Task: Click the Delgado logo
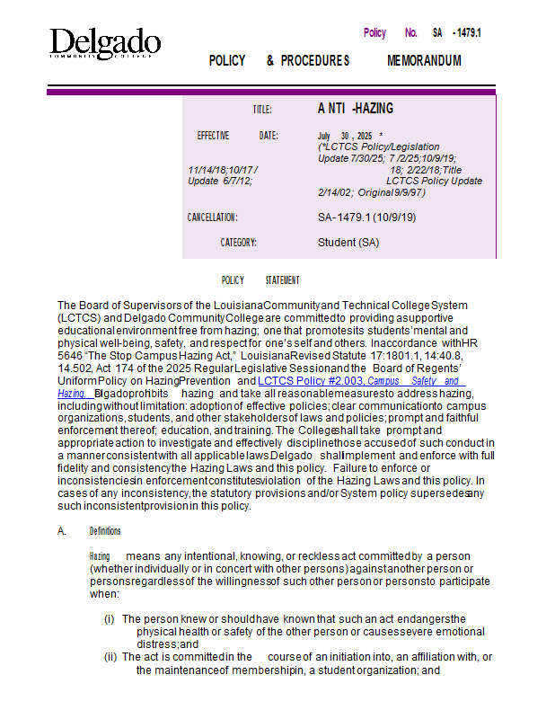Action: click(x=105, y=43)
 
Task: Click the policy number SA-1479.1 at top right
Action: click(x=457, y=33)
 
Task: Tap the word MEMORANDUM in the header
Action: click(x=424, y=61)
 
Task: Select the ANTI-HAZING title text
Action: click(x=356, y=109)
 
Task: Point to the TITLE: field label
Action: click(x=261, y=110)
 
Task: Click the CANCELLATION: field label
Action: click(x=212, y=217)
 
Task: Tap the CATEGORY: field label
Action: click(x=238, y=243)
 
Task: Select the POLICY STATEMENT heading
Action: click(x=260, y=280)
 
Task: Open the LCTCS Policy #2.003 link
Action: click(x=310, y=381)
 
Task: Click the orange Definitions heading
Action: click(x=105, y=531)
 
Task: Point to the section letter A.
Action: click(x=62, y=531)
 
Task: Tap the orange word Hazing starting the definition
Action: click(x=100, y=557)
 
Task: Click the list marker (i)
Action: click(x=110, y=619)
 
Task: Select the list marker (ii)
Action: click(x=110, y=657)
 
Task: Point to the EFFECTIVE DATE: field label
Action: click(x=237, y=136)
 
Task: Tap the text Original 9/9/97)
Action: click(x=392, y=192)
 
